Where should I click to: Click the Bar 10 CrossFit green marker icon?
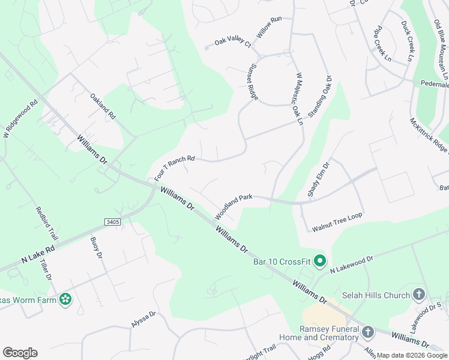(x=320, y=261)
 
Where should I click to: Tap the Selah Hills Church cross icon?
(x=419, y=295)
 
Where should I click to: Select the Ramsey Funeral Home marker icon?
(x=367, y=331)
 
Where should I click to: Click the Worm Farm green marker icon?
(x=65, y=299)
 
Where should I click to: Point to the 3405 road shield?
(x=112, y=222)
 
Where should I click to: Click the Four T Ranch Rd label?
(x=175, y=168)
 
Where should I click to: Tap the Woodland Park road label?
(x=234, y=206)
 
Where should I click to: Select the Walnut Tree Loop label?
(x=337, y=222)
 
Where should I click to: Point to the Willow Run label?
(x=270, y=28)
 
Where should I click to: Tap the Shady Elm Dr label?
(x=319, y=179)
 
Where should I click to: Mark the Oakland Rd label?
(x=103, y=106)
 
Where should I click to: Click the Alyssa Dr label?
(x=143, y=319)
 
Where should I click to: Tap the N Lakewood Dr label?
(x=352, y=265)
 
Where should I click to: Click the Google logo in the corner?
(x=20, y=353)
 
